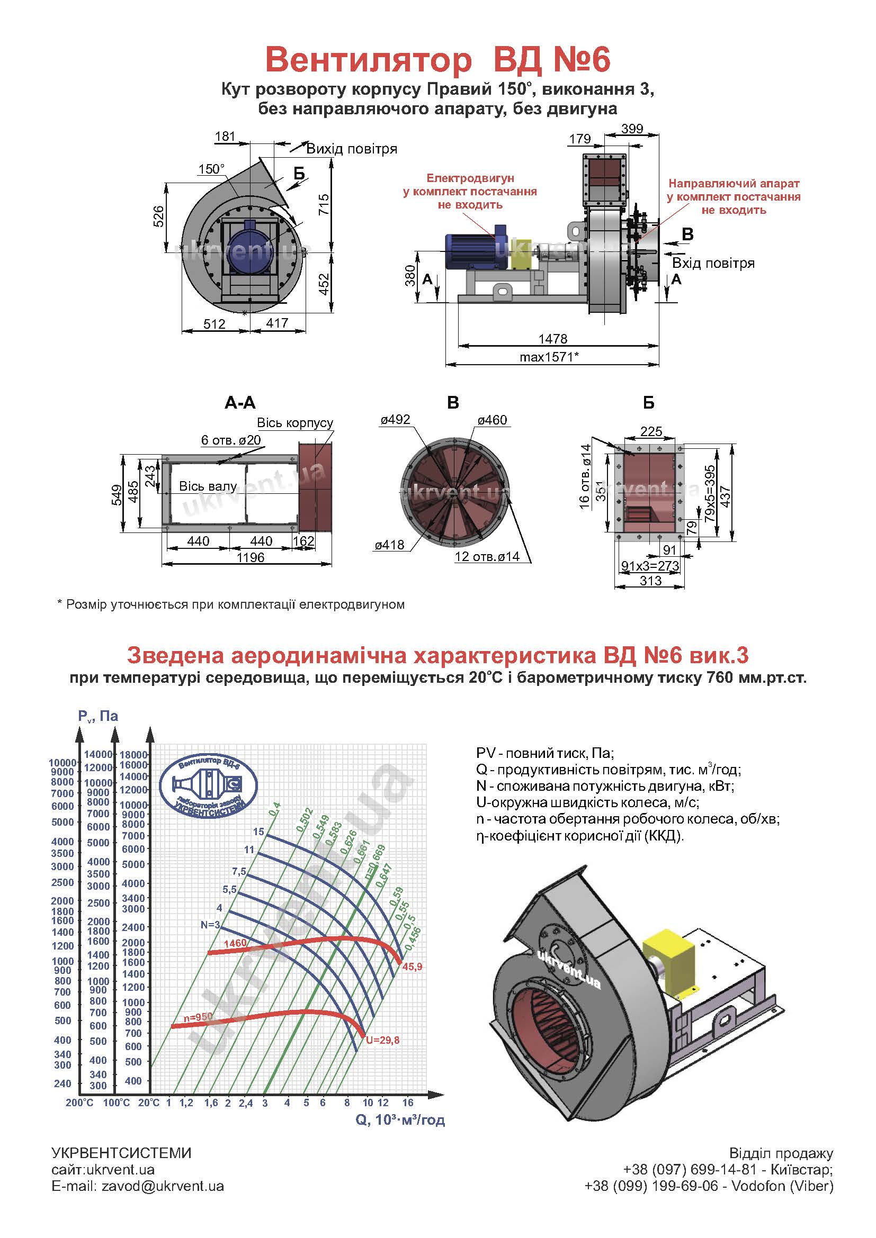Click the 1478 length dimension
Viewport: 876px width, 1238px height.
pyautogui.click(x=553, y=339)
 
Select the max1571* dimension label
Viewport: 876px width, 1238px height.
pyautogui.click(x=549, y=357)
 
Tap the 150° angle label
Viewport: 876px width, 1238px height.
pyautogui.click(x=211, y=169)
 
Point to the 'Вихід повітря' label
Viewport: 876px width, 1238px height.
pyautogui.click(x=352, y=149)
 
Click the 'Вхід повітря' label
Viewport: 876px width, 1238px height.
pyautogui.click(x=713, y=263)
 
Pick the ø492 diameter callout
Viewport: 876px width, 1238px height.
pyautogui.click(x=395, y=420)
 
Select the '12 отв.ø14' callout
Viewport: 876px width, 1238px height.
pyautogui.click(x=487, y=556)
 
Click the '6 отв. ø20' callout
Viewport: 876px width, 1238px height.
pyautogui.click(x=231, y=440)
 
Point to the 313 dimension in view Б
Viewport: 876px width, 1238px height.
pyautogui.click(x=650, y=581)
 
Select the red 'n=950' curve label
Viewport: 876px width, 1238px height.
pyautogui.click(x=198, y=1017)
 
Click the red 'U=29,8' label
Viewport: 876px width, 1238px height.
pyautogui.click(x=382, y=1040)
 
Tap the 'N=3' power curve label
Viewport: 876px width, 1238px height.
pyautogui.click(x=210, y=925)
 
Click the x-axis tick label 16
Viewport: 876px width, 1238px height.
pyautogui.click(x=408, y=1102)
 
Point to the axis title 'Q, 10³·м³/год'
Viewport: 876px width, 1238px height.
pyautogui.click(x=400, y=1120)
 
